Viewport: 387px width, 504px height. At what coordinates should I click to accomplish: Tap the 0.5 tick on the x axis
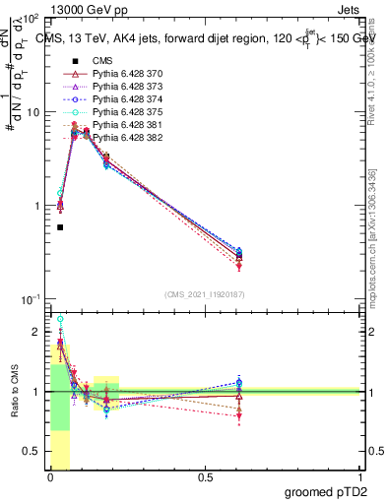point(205,478)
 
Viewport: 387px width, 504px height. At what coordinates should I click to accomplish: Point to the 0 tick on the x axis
point(50,478)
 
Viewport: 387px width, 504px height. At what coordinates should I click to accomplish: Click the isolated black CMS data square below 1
point(60,227)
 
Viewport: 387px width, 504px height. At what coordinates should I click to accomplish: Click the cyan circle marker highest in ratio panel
point(60,319)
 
